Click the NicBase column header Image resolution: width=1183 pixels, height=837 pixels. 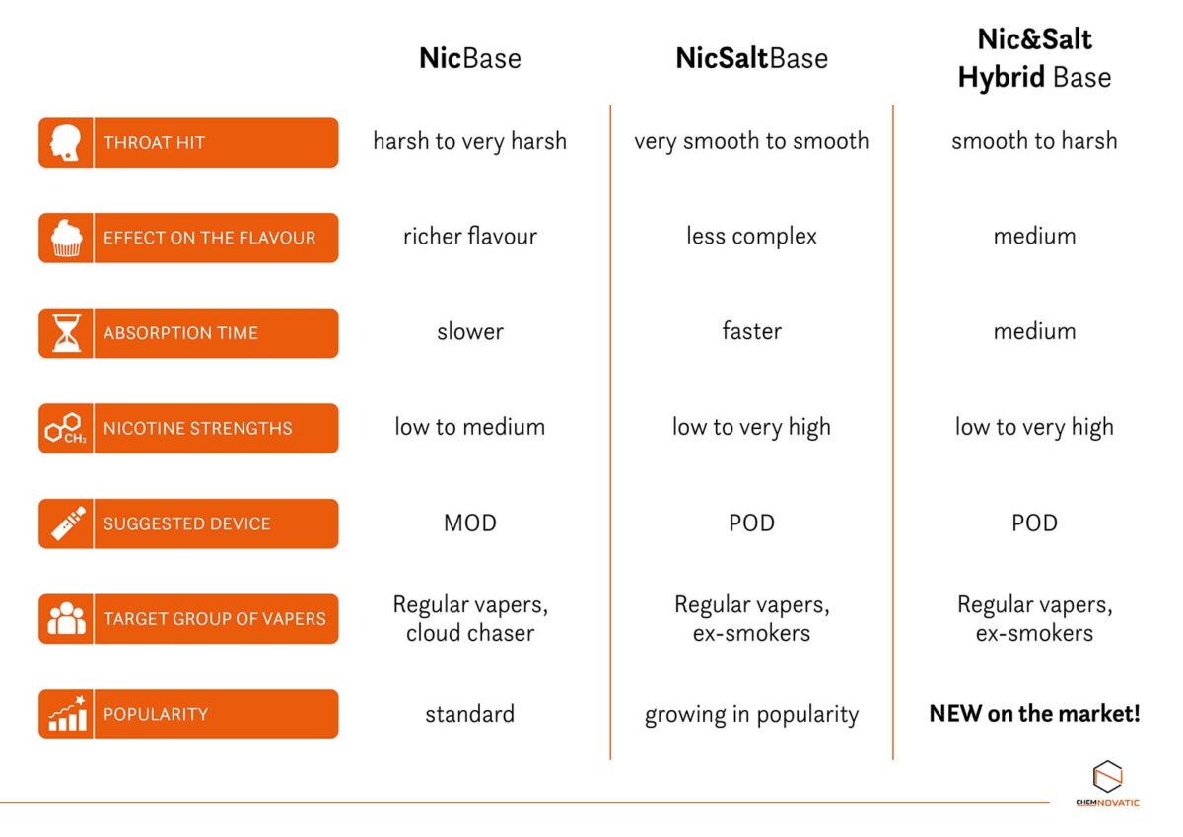pyautogui.click(x=470, y=58)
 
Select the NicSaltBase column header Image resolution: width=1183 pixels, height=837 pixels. pyautogui.click(x=751, y=58)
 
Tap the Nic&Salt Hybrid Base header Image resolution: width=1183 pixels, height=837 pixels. pyautogui.click(x=1034, y=58)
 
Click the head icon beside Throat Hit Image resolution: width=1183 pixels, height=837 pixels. pyautogui.click(x=66, y=143)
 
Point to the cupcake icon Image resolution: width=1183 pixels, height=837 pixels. pyautogui.click(x=66, y=238)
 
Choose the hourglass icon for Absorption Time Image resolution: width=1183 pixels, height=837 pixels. pyautogui.click(x=66, y=333)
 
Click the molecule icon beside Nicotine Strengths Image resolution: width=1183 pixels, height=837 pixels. pyautogui.click(x=66, y=429)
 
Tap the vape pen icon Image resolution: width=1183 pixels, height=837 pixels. pyautogui.click(x=66, y=523)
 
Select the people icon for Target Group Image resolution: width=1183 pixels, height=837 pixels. pyautogui.click(x=66, y=619)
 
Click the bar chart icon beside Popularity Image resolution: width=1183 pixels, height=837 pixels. pyautogui.click(x=66, y=714)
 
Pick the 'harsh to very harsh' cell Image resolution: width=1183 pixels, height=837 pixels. pyautogui.click(x=470, y=141)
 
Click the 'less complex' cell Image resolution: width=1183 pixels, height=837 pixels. pyautogui.click(x=751, y=237)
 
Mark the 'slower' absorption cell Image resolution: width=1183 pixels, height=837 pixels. pyautogui.click(x=470, y=332)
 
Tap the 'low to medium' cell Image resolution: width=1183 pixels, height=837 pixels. pyautogui.click(x=470, y=427)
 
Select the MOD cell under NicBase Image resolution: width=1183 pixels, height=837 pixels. pyautogui.click(x=470, y=523)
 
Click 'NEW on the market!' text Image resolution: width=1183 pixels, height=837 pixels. pyautogui.click(x=1034, y=714)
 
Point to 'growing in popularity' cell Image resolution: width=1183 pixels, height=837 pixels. pyautogui.click(x=751, y=714)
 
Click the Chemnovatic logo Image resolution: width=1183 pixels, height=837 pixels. pyautogui.click(x=1107, y=784)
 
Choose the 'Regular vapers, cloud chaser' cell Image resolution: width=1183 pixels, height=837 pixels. pyautogui.click(x=470, y=618)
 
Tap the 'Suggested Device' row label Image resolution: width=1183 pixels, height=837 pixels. pyautogui.click(x=186, y=523)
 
